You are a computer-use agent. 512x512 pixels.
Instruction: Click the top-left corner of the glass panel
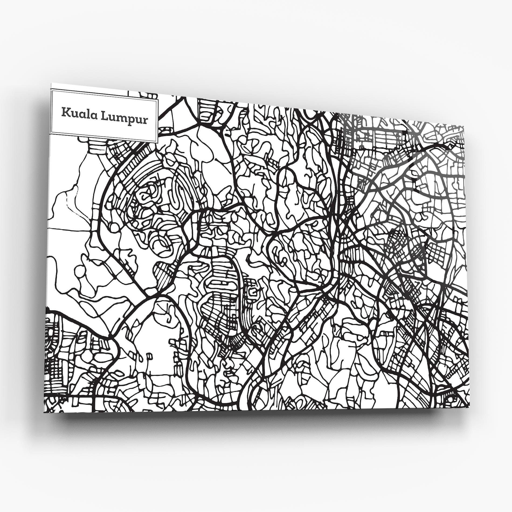51,83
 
